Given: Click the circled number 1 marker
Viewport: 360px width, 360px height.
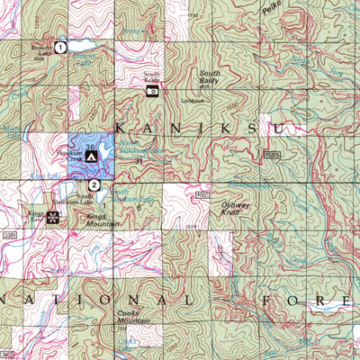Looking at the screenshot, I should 59,46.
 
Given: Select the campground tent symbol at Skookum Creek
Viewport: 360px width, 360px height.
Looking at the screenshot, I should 91,156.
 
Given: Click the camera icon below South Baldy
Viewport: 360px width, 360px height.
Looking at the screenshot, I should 152,90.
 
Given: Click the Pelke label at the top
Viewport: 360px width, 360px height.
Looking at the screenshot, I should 272,11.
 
